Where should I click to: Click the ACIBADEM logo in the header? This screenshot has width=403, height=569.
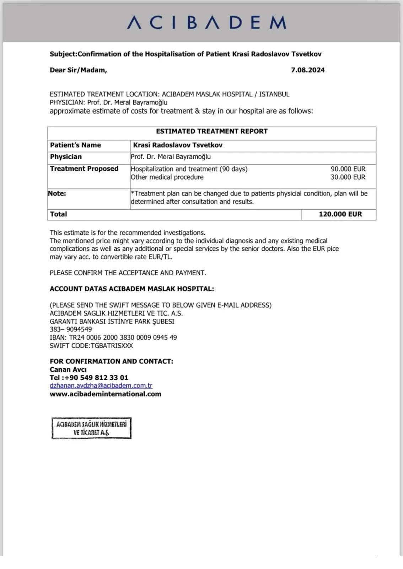206,22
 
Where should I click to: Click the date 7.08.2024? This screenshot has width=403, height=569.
308,70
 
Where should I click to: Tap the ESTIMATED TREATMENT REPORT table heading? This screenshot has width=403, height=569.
212,131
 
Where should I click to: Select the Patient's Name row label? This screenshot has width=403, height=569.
75,145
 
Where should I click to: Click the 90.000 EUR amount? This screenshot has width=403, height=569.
348,169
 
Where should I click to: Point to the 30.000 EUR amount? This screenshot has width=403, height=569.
348,177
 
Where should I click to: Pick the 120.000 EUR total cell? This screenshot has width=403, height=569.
340,214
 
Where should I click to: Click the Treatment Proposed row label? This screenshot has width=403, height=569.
84,169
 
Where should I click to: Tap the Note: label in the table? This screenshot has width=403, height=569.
57,193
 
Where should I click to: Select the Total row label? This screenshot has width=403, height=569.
58,214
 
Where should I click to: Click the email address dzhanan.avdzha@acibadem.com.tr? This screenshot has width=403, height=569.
101,385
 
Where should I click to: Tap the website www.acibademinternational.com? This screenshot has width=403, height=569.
105,394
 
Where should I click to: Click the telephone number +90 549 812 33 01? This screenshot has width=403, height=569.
96,377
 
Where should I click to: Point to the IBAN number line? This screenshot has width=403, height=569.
113,337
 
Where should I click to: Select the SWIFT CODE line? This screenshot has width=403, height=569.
91,346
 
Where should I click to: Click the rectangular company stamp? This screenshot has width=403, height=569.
91,428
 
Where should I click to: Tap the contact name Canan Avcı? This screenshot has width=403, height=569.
68,369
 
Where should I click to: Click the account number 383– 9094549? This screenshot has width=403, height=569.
70,329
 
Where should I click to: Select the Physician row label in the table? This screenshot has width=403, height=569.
66,157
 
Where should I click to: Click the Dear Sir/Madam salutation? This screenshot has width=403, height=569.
78,70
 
